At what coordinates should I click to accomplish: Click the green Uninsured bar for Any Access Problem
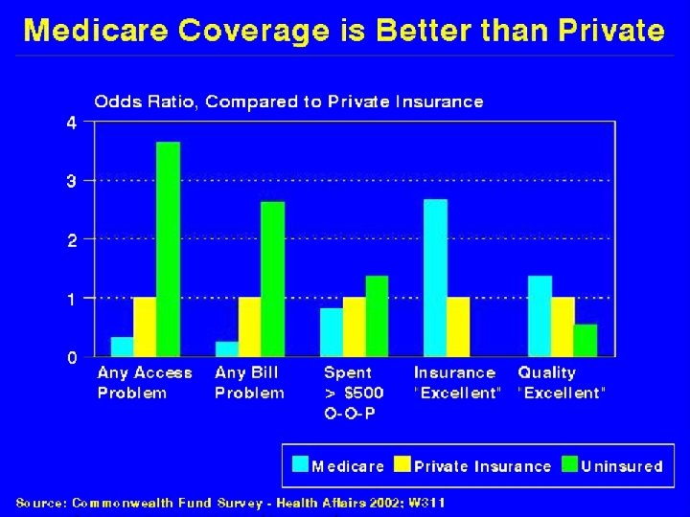(169, 249)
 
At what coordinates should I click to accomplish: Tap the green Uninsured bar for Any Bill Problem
(273, 279)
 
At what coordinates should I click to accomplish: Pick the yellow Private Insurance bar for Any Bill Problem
(250, 326)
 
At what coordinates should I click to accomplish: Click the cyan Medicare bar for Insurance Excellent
(435, 278)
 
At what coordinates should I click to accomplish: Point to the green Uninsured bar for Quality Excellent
(586, 340)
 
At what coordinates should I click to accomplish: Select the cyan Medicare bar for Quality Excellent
(540, 316)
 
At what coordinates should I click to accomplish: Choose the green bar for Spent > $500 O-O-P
(377, 316)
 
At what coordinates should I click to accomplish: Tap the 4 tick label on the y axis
(71, 122)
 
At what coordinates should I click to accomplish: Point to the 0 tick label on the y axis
(71, 357)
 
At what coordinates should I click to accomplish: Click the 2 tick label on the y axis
(71, 239)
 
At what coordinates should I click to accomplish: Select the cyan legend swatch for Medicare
(301, 465)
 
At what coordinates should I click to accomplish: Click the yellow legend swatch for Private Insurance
(402, 465)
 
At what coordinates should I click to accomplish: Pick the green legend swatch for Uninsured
(569, 465)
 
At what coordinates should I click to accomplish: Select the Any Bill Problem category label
(249, 383)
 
